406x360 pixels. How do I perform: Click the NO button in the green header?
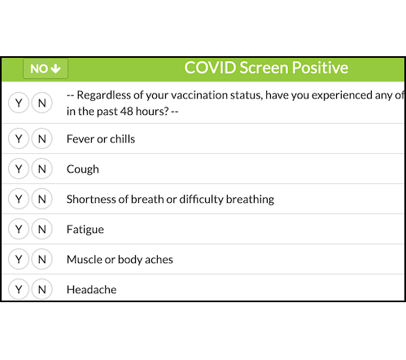(46, 68)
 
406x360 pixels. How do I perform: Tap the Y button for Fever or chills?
(19, 138)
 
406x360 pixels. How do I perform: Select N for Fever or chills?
(41, 138)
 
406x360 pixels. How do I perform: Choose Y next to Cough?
(19, 169)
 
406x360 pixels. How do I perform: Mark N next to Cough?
(41, 169)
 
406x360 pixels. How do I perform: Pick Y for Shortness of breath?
(19, 199)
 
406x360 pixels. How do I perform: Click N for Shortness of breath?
(41, 199)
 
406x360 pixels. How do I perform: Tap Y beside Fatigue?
(19, 229)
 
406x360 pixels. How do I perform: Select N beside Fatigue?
(41, 229)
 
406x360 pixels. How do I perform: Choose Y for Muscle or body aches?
(19, 259)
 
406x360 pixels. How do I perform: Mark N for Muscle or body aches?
(41, 259)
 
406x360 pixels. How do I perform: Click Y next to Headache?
(19, 289)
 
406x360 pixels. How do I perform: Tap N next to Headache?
(41, 289)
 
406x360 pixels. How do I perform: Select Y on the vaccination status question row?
(19, 103)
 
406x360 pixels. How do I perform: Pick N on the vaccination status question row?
(41, 103)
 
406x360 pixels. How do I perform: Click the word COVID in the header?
(210, 68)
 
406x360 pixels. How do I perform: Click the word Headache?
(92, 289)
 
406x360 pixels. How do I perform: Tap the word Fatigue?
(85, 230)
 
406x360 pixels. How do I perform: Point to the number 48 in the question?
(126, 112)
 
